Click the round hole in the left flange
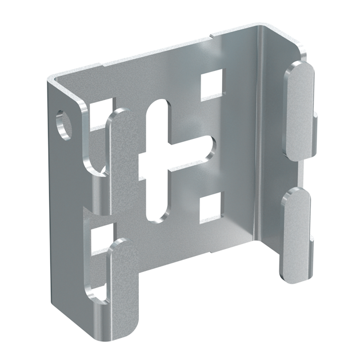pos(65,123)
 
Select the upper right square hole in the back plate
pos(211,83)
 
